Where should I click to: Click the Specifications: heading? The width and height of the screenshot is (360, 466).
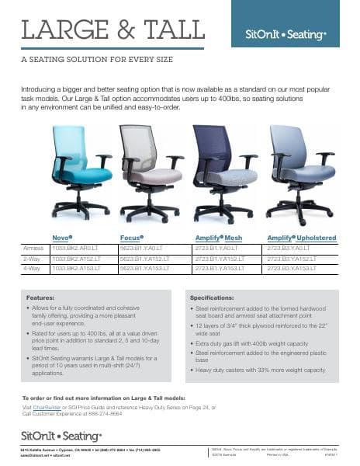[x=235, y=297]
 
